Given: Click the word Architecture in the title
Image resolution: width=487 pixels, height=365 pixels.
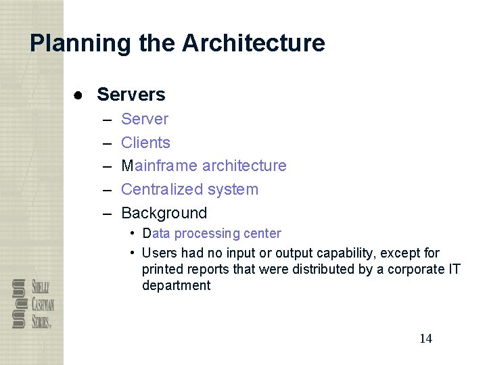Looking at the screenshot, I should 253,44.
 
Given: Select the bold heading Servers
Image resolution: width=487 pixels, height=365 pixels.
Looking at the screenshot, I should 131,95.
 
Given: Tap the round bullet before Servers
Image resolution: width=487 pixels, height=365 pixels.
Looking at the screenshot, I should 79,95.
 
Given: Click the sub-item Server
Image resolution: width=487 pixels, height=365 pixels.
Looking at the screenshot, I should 144,120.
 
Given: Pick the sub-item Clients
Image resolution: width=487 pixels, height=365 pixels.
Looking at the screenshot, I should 145,143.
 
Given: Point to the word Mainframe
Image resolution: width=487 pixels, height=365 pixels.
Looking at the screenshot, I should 159,166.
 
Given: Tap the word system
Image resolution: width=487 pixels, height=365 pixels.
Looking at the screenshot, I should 233,189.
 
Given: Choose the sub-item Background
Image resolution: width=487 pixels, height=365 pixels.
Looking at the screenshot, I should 164,213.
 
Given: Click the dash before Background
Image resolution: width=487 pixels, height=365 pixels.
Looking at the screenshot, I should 107,214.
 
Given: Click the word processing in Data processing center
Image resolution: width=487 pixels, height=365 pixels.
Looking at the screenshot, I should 207,234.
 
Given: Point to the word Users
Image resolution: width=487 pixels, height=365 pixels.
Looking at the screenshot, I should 159,253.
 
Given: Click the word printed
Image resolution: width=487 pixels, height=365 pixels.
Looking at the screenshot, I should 162,269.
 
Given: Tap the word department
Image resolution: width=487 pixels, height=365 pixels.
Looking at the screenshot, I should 176,285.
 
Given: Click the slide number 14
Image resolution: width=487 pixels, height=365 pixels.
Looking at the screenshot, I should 425,339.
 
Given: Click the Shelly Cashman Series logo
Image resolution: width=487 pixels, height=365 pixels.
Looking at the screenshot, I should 32,303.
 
